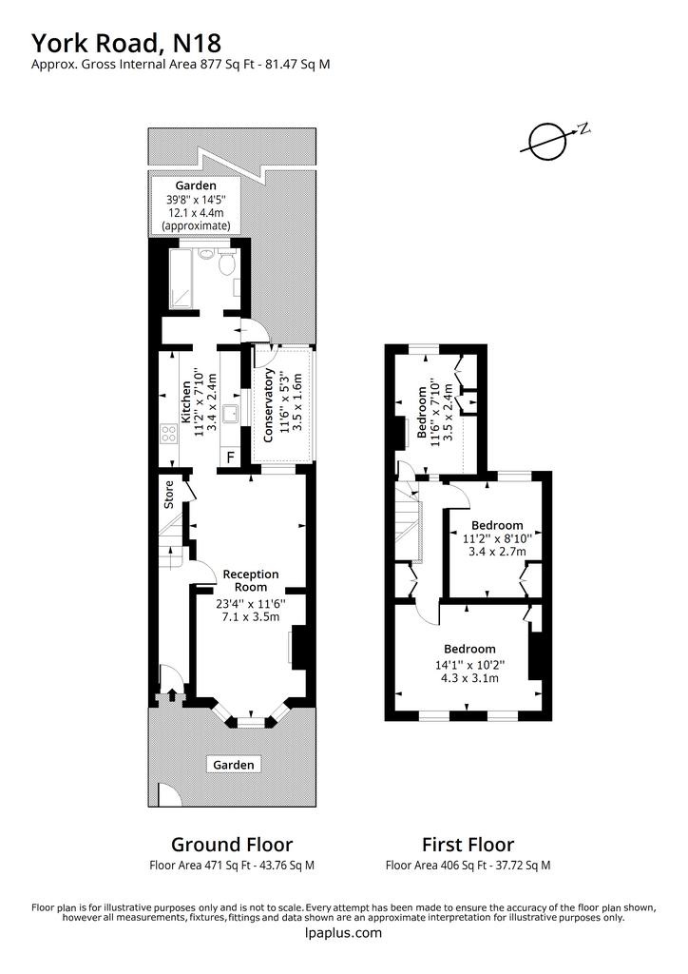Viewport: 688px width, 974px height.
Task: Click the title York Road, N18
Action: pyautogui.click(x=126, y=44)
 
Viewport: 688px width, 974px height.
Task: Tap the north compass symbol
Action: pyautogui.click(x=549, y=142)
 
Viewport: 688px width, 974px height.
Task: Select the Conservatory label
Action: pyautogui.click(x=269, y=405)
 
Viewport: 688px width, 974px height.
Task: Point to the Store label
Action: pyautogui.click(x=169, y=495)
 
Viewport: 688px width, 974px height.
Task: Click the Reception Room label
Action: pyautogui.click(x=251, y=580)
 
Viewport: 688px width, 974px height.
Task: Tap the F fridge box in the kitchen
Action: pyautogui.click(x=230, y=458)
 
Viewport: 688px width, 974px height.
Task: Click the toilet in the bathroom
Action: pyautogui.click(x=227, y=261)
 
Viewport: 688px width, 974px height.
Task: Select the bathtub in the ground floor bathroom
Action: pyautogui.click(x=181, y=279)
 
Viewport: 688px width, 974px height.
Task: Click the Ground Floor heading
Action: pyautogui.click(x=232, y=845)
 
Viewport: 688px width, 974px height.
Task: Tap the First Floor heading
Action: pyautogui.click(x=468, y=845)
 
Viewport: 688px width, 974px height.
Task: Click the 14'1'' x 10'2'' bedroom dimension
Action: pyautogui.click(x=469, y=664)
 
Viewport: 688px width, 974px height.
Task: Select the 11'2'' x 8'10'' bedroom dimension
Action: pyautogui.click(x=496, y=538)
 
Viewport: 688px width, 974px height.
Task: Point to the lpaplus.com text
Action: pyautogui.click(x=344, y=932)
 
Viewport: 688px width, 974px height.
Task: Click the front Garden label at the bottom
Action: pyautogui.click(x=233, y=765)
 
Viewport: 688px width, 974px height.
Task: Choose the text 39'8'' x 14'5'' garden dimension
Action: pyautogui.click(x=196, y=200)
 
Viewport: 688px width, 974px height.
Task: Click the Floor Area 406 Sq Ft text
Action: pyautogui.click(x=435, y=865)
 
